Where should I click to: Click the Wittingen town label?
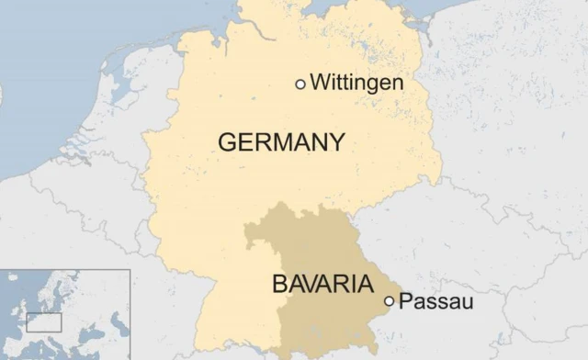coord(357,83)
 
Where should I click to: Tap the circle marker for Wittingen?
coord(300,84)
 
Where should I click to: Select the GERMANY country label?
coord(281,142)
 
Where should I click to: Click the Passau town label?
coord(437,300)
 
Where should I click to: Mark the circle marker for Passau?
coord(390,300)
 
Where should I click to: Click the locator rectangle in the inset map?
coord(43,322)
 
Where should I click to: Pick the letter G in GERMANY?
coord(227,142)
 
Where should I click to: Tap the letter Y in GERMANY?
coord(336,142)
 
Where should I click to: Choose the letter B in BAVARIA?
coord(279,284)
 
